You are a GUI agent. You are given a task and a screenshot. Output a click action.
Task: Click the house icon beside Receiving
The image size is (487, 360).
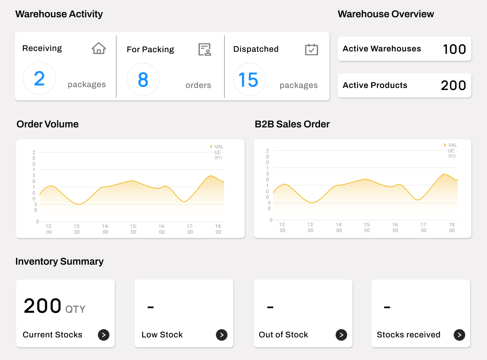click(99, 48)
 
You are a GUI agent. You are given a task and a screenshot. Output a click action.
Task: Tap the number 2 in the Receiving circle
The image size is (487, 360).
click(39, 79)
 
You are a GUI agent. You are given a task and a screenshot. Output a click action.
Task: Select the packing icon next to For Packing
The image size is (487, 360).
click(205, 49)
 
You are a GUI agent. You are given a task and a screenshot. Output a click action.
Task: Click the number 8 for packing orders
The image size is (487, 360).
click(143, 80)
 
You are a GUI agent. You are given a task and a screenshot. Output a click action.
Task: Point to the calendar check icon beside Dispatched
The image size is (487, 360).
click(311, 49)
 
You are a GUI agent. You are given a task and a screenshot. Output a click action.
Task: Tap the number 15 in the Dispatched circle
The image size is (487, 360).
click(248, 80)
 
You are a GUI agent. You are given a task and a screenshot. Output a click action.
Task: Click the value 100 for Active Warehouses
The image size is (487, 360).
click(454, 49)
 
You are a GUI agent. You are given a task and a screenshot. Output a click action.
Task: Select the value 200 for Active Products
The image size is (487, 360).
click(453, 85)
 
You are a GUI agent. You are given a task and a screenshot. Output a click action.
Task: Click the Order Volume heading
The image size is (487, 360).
click(47, 124)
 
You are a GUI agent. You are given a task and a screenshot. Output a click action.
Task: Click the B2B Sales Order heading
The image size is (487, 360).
click(292, 124)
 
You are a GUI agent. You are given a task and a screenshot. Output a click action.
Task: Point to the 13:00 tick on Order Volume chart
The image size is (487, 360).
click(77, 229)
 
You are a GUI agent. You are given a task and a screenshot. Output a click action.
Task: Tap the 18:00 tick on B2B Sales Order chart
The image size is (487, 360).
click(452, 227)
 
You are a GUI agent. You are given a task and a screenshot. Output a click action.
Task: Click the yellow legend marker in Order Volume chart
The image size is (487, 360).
click(211, 146)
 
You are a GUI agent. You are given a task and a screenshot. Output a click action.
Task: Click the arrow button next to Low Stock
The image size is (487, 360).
click(222, 335)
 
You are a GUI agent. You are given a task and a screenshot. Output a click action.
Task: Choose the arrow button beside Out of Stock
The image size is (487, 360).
click(341, 335)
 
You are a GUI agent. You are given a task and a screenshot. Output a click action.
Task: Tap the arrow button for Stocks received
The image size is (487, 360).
click(459, 335)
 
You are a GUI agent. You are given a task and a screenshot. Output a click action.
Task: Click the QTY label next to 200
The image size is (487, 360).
click(75, 309)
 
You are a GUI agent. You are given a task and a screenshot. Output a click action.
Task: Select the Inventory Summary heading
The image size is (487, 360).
click(59, 261)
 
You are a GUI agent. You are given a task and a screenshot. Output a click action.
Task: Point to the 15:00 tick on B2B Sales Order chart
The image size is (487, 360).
click(367, 227)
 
